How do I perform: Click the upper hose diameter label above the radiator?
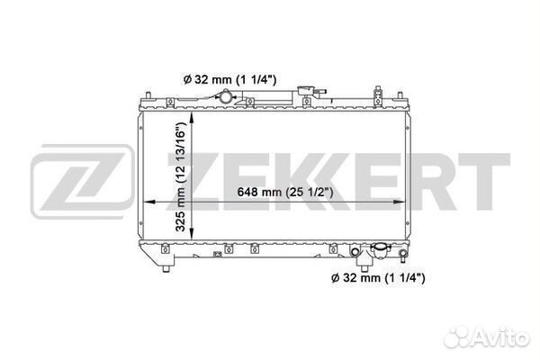(x=229, y=80)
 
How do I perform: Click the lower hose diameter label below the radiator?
(x=378, y=277)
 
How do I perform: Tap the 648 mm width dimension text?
(x=285, y=192)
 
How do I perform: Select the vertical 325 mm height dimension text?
(x=181, y=176)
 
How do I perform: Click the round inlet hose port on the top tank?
(x=226, y=97)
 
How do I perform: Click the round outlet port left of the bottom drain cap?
(x=355, y=252)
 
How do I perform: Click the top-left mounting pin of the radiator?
(x=148, y=95)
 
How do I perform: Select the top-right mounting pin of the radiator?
(x=400, y=95)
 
